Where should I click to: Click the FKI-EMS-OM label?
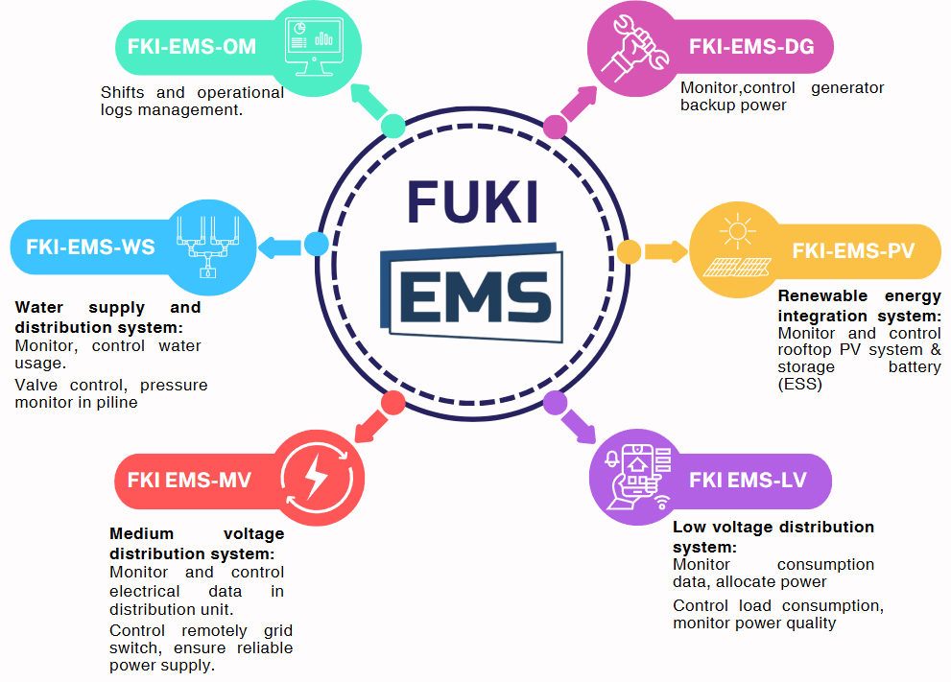[192, 46]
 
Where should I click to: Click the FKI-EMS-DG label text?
[751, 46]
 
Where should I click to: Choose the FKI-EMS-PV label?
[853, 251]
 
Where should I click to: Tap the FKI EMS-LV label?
[748, 480]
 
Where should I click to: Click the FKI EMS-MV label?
[189, 480]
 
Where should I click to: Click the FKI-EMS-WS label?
[90, 247]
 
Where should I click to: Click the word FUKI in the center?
[473, 201]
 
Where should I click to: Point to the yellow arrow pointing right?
[666, 251]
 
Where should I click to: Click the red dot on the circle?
[392, 402]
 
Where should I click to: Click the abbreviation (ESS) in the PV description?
[799, 384]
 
